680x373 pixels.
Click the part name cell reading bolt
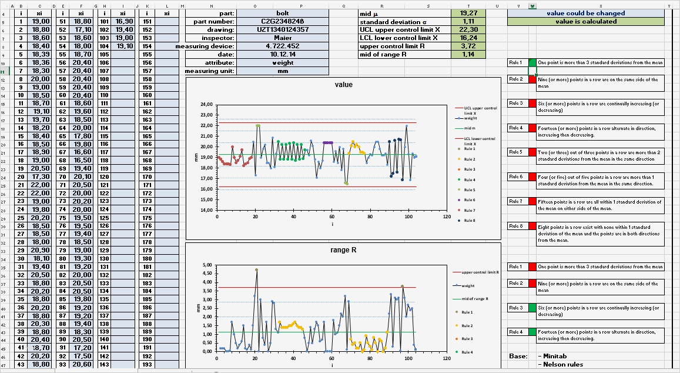pyautogui.click(x=282, y=13)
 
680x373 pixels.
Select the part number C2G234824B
pyautogui.click(x=282, y=21)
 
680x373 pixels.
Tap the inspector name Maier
pyautogui.click(x=282, y=38)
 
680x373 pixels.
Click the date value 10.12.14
pyautogui.click(x=282, y=54)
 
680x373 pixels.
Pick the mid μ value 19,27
pyautogui.click(x=468, y=13)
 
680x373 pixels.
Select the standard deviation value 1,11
pyautogui.click(x=468, y=21)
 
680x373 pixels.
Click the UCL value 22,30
pyautogui.click(x=468, y=29)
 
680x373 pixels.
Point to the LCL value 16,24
pyautogui.click(x=468, y=38)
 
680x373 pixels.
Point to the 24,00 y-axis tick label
pyautogui.click(x=206, y=105)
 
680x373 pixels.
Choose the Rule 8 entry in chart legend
pyautogui.click(x=470, y=220)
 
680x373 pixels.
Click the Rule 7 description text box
pyautogui.click(x=600, y=205)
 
